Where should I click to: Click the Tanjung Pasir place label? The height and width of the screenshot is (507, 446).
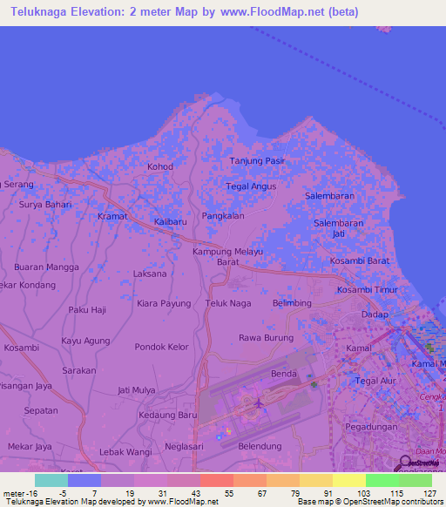(257, 161)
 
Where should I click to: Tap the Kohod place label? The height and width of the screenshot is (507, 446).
(160, 166)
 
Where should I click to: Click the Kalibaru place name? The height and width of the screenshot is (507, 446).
(171, 222)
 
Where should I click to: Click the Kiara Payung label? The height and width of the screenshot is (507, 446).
(164, 303)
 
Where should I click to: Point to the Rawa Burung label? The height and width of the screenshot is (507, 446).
(267, 337)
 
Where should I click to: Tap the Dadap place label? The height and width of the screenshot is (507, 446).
(375, 314)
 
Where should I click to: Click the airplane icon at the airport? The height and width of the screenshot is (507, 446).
(258, 402)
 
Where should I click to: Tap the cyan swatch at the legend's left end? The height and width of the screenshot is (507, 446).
(51, 480)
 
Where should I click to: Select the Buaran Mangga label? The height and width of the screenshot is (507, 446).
(53, 267)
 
